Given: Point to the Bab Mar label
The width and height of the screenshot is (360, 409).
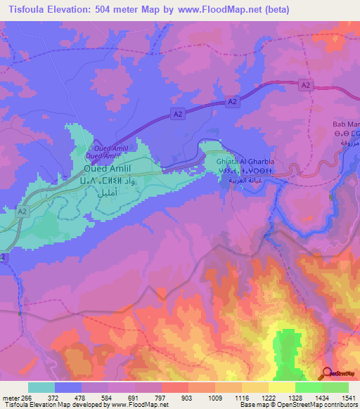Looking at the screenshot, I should tap(345, 125).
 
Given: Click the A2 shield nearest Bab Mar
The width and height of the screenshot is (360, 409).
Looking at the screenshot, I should tap(304, 85).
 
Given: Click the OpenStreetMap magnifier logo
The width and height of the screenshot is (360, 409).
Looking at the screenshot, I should tap(327, 373).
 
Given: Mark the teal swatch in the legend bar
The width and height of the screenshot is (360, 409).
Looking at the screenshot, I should tap(41, 387).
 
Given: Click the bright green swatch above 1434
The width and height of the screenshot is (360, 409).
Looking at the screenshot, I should tap(309, 387).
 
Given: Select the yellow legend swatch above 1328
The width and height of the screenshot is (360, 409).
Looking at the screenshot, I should tap(282, 387).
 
